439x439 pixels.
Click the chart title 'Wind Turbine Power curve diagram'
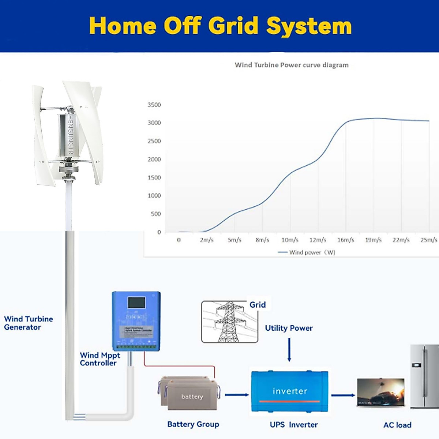pos(292,65)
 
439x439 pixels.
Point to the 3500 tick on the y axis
pos(154,105)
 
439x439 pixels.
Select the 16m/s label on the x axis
pos(346,240)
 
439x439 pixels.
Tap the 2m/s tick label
pos(206,240)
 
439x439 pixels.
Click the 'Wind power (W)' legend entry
pos(307,252)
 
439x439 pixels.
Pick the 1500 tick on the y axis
pos(154,177)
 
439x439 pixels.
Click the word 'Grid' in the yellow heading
pos(233,26)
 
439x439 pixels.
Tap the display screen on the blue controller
pos(136,303)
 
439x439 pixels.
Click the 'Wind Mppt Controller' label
pos(100,359)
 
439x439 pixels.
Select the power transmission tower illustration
pos(229,322)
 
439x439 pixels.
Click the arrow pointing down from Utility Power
pos(289,350)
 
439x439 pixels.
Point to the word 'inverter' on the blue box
pos(290,391)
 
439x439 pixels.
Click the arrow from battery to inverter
pos(237,395)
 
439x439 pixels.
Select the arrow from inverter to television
pos(343,395)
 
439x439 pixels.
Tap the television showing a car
pos(380,393)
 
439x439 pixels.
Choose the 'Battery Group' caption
pos(193,424)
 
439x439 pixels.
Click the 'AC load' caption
pos(397,425)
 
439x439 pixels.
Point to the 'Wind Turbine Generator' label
pos(29,323)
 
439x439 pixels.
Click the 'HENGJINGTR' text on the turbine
pos(71,135)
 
